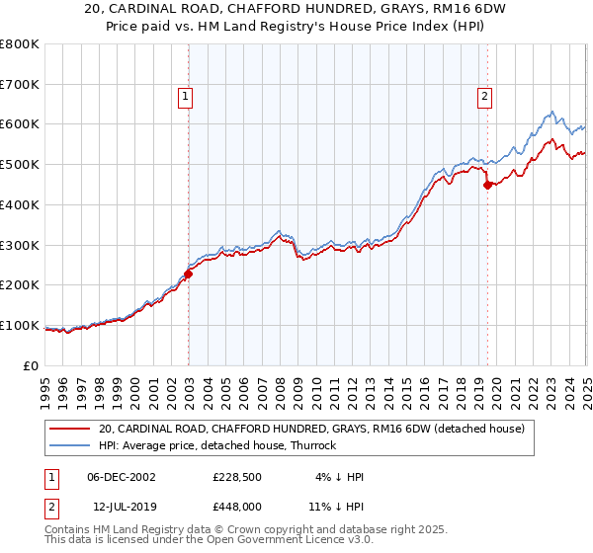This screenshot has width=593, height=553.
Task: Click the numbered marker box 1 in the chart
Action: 186,96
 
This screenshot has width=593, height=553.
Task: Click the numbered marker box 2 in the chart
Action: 485,96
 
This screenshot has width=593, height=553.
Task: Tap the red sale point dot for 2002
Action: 188,274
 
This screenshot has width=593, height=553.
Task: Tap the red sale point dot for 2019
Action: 487,185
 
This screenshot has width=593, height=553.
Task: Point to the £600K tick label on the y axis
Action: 20,124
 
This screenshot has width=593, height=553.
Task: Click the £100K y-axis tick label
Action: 20,326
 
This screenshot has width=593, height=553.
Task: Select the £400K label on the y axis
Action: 20,205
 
